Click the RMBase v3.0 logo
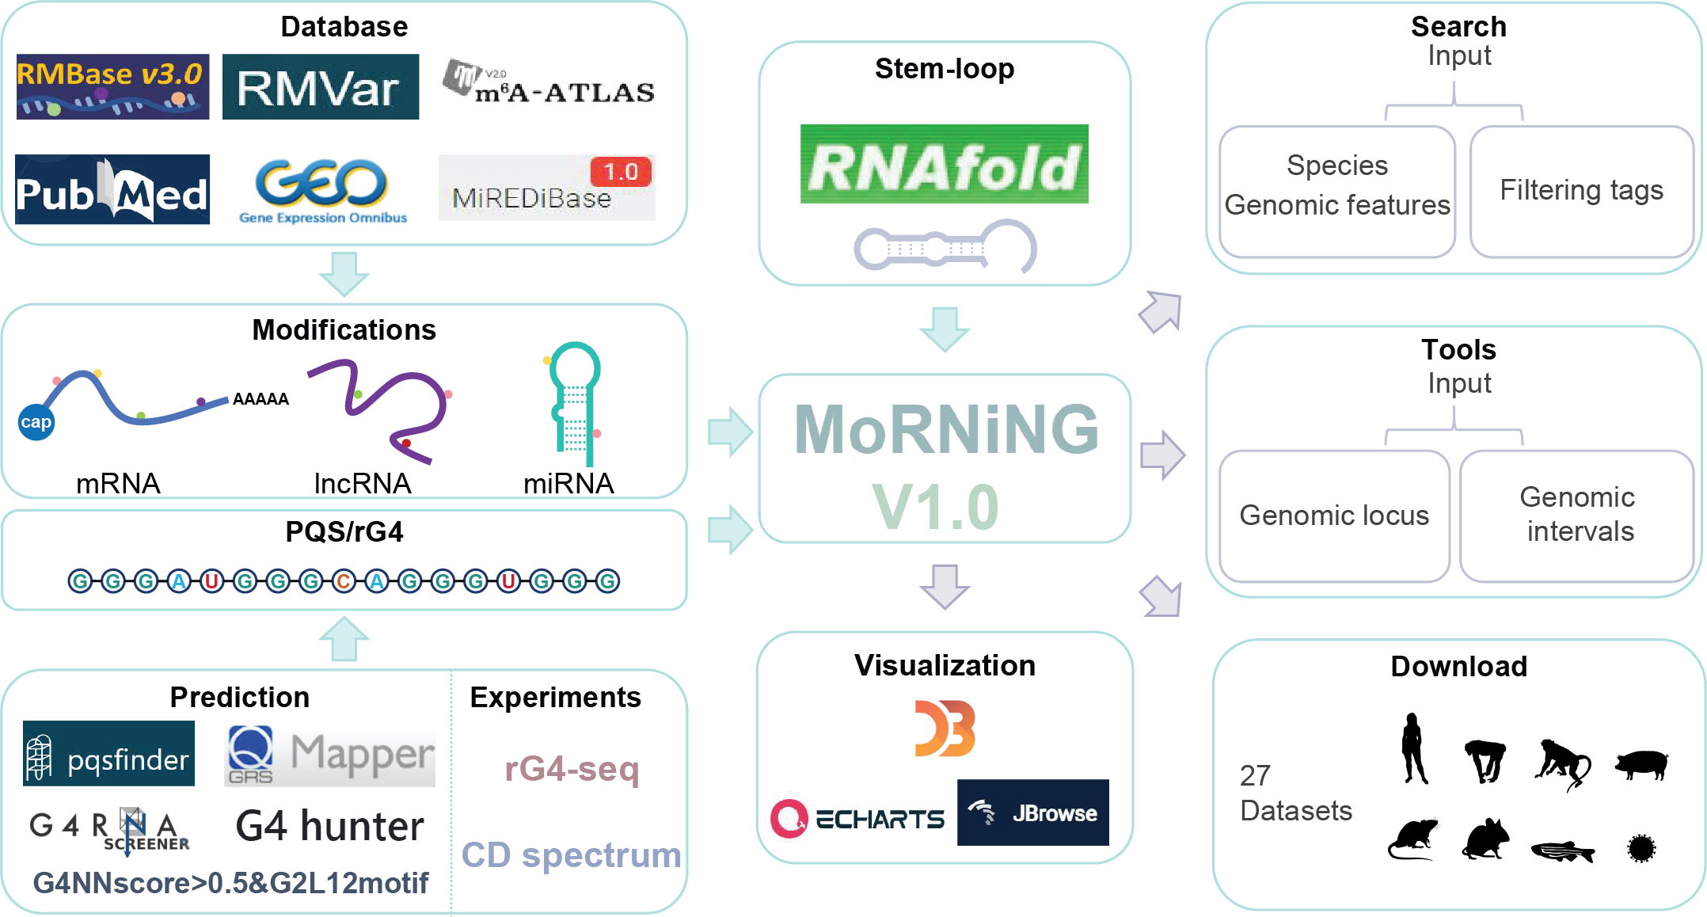pos(112,86)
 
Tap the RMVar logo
pos(321,86)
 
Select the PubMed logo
pos(112,190)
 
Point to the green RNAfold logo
pos(944,164)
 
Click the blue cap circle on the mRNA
pos(36,422)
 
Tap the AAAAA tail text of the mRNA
pos(260,399)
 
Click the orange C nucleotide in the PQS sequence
pos(344,582)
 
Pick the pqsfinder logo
pos(108,753)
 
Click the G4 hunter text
pos(329,826)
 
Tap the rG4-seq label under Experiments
pos(572,768)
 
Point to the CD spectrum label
pos(572,855)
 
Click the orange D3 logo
pos(945,729)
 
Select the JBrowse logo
pos(1033,812)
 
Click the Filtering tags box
pos(1581,192)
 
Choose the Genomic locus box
pos(1335,516)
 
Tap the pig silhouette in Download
pos(1642,764)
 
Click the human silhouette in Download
pos(1413,748)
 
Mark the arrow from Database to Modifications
pos(344,274)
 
